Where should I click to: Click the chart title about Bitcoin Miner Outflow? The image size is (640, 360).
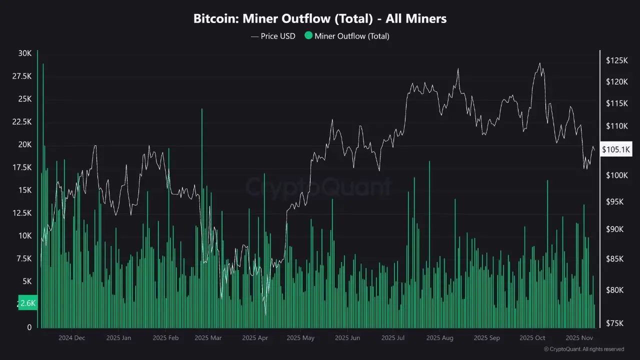(x=320, y=19)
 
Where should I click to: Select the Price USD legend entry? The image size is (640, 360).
(x=273, y=36)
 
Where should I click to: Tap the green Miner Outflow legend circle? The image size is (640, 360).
(x=308, y=35)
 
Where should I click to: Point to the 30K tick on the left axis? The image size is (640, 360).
(x=25, y=53)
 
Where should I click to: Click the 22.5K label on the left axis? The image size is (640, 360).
(x=22, y=122)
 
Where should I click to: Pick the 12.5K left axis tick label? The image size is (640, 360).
(x=22, y=213)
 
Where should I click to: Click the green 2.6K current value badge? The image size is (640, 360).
(x=27, y=303)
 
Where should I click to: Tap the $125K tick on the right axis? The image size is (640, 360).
(x=616, y=60)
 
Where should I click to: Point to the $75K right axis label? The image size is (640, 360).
(x=615, y=322)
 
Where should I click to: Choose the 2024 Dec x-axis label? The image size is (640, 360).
(x=72, y=338)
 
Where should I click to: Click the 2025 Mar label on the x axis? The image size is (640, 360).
(x=208, y=338)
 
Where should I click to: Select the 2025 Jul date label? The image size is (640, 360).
(x=393, y=338)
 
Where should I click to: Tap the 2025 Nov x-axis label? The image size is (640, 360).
(x=579, y=338)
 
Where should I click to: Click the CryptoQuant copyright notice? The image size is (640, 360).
(x=583, y=349)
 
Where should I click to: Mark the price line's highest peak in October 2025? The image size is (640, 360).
(x=539, y=63)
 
